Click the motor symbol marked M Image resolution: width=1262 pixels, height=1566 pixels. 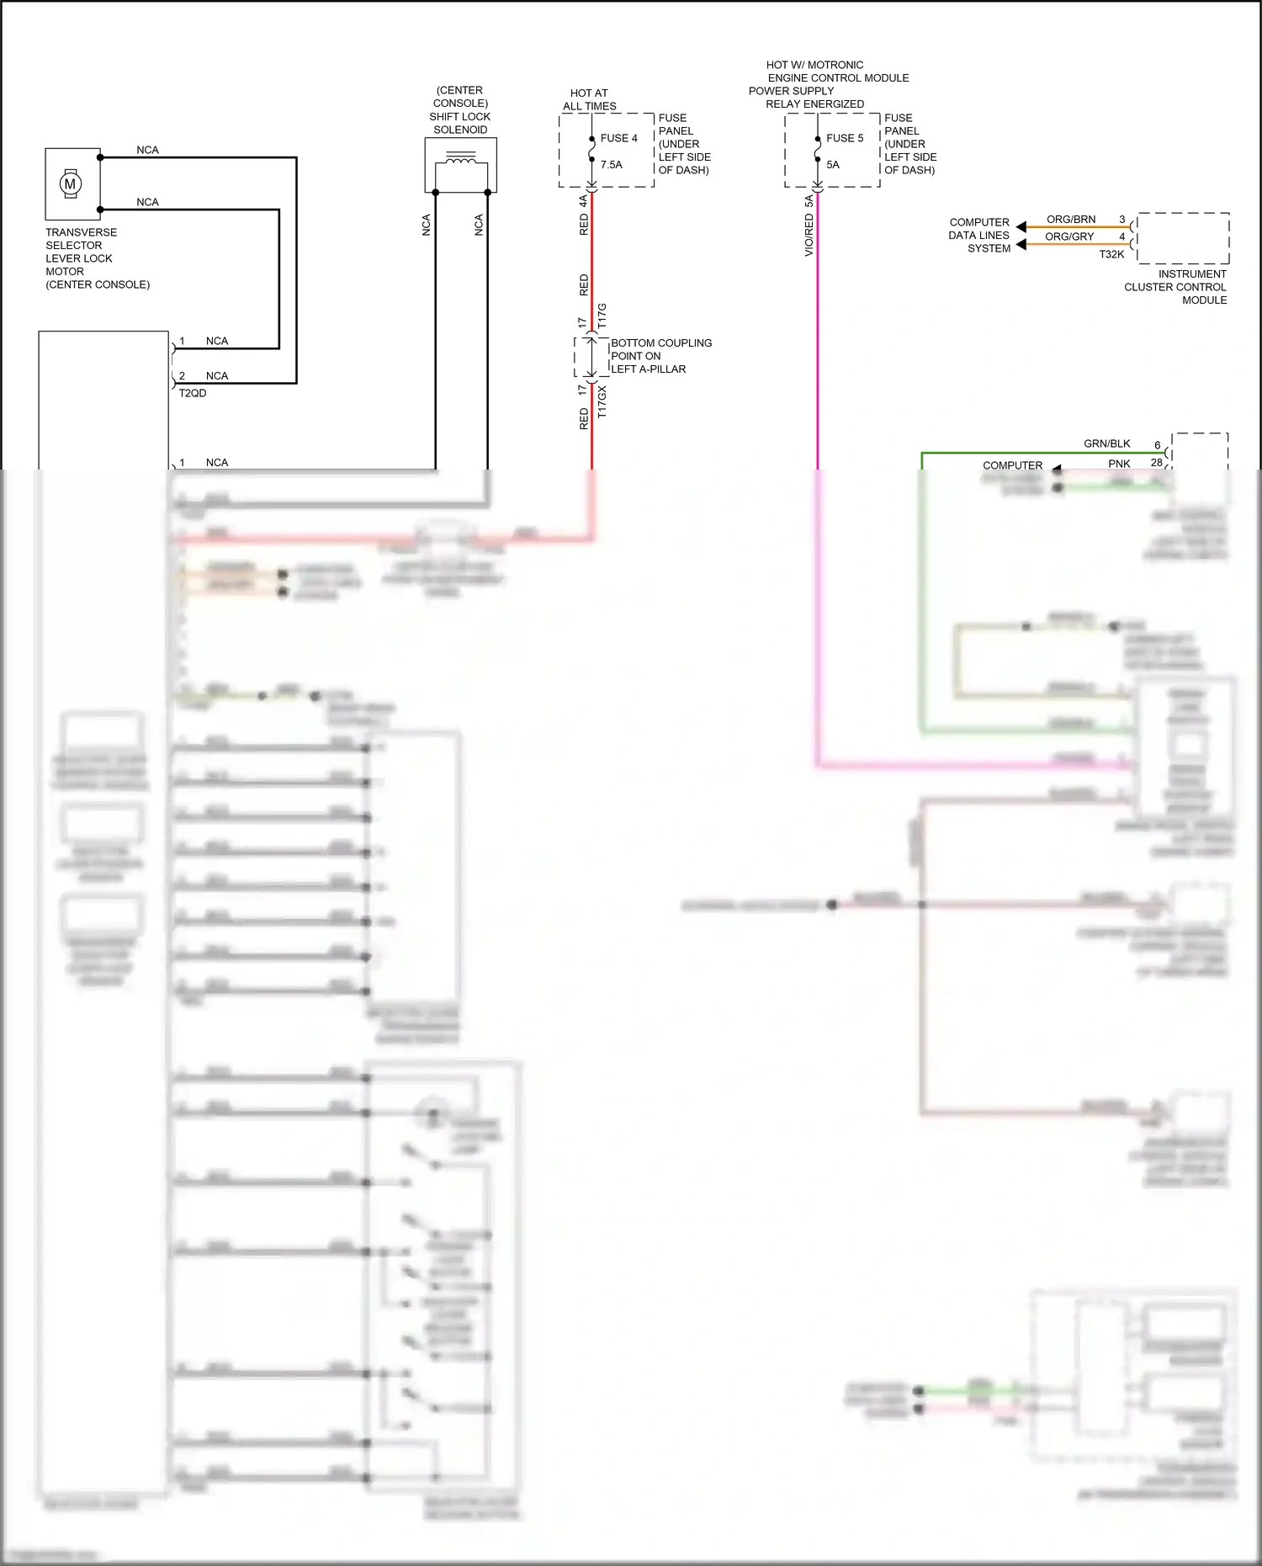71,183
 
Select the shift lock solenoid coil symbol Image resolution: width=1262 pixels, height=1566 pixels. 460,157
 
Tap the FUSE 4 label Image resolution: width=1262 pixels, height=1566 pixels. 618,138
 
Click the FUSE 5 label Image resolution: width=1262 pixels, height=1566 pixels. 844,138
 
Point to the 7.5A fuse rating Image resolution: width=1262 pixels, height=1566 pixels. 612,165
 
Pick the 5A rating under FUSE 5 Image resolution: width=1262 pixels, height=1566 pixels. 833,165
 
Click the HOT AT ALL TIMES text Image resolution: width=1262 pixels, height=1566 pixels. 589,99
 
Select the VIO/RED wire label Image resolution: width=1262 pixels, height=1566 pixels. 809,235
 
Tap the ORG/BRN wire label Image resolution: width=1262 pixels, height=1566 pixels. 1070,220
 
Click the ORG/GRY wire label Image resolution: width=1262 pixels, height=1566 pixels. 1069,236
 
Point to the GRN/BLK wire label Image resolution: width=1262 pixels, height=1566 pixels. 1106,443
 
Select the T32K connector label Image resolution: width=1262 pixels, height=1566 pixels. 1111,254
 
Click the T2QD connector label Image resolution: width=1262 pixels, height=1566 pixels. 192,393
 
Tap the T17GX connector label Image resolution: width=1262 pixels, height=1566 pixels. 602,402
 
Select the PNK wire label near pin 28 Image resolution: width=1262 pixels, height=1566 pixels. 1119,464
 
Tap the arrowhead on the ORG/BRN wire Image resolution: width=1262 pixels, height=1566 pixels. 1021,226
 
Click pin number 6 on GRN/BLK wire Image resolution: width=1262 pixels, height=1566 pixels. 1157,445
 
